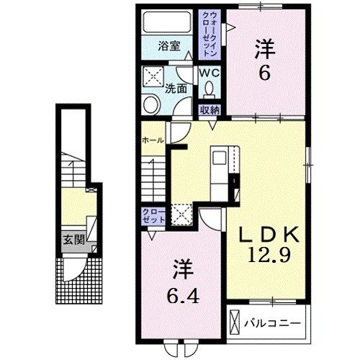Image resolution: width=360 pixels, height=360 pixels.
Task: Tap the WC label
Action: [209, 73]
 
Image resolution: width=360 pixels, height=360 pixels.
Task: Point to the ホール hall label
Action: [153, 140]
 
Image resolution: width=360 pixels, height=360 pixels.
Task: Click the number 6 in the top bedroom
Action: [264, 72]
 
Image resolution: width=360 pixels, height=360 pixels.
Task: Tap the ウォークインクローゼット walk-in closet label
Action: [210, 35]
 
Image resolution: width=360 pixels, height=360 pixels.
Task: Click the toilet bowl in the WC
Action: [210, 89]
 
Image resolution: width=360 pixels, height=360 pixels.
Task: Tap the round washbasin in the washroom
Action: [151, 105]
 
